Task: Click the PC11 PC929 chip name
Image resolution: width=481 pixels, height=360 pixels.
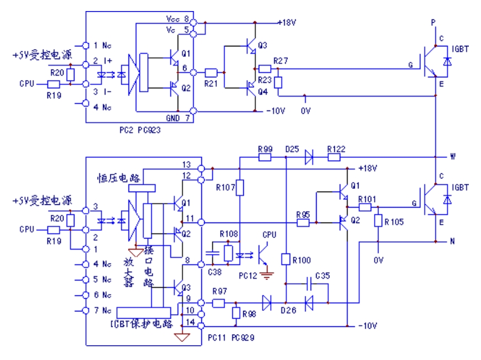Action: point(231,336)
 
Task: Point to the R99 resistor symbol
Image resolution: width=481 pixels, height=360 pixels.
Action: point(265,157)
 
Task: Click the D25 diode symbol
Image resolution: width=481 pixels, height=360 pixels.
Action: point(309,157)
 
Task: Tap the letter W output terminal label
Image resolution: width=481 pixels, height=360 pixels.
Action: point(452,156)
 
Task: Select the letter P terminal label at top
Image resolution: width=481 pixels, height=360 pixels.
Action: point(432,23)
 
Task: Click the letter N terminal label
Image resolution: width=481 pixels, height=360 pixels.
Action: point(452,241)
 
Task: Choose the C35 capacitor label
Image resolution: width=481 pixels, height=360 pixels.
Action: point(323,276)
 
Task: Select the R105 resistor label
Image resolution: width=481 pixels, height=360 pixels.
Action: point(393,221)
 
